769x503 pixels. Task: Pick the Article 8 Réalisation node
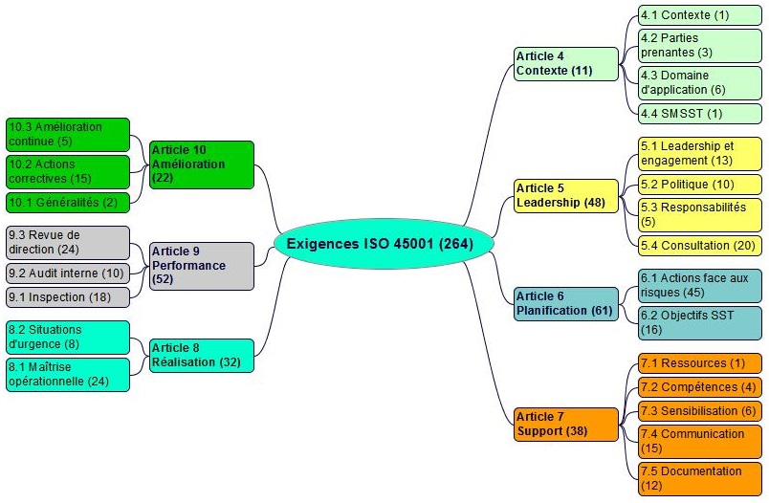[201, 355]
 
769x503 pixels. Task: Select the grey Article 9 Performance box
[201, 265]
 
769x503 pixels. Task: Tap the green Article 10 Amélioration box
[201, 164]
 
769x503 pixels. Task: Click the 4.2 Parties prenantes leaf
[700, 45]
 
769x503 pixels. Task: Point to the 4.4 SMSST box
[700, 113]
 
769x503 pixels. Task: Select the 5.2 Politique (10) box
[700, 184]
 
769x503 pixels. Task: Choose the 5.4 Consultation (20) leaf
[700, 246]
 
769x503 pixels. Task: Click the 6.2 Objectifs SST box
[700, 322]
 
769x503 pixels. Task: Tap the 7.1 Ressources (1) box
[700, 363]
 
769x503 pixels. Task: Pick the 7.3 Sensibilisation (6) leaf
[700, 410]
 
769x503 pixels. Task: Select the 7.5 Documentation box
[700, 478]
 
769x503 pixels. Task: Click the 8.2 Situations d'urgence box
[67, 337]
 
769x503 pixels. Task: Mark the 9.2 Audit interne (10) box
[67, 273]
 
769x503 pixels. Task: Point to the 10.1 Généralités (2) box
[67, 202]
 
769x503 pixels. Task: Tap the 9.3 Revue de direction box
[67, 242]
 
